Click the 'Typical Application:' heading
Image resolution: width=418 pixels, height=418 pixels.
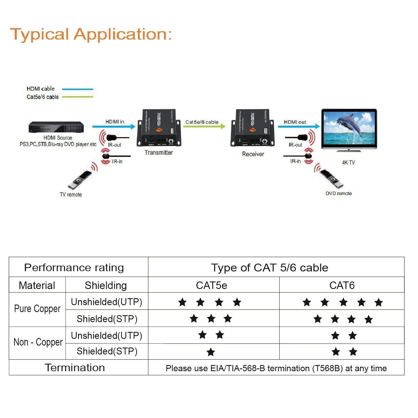click(91, 35)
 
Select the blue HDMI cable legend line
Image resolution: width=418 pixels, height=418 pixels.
click(77, 89)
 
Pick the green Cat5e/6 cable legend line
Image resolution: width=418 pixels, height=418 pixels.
click(77, 97)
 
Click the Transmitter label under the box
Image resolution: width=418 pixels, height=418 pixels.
click(159, 152)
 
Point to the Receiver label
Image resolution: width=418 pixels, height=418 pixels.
click(253, 154)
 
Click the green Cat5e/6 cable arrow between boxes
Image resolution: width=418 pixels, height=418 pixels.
click(204, 127)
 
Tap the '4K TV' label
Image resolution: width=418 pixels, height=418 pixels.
click(348, 162)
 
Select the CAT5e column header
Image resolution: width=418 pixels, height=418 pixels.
click(212, 285)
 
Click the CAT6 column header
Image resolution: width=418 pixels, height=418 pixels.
click(342, 285)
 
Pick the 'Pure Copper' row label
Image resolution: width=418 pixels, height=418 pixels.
click(37, 309)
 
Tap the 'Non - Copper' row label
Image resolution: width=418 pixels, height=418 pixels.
click(38, 342)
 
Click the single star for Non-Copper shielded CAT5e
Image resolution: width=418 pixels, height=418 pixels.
click(211, 352)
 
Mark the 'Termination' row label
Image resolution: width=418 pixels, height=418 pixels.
click(75, 368)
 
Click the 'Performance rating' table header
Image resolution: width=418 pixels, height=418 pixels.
click(74, 268)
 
